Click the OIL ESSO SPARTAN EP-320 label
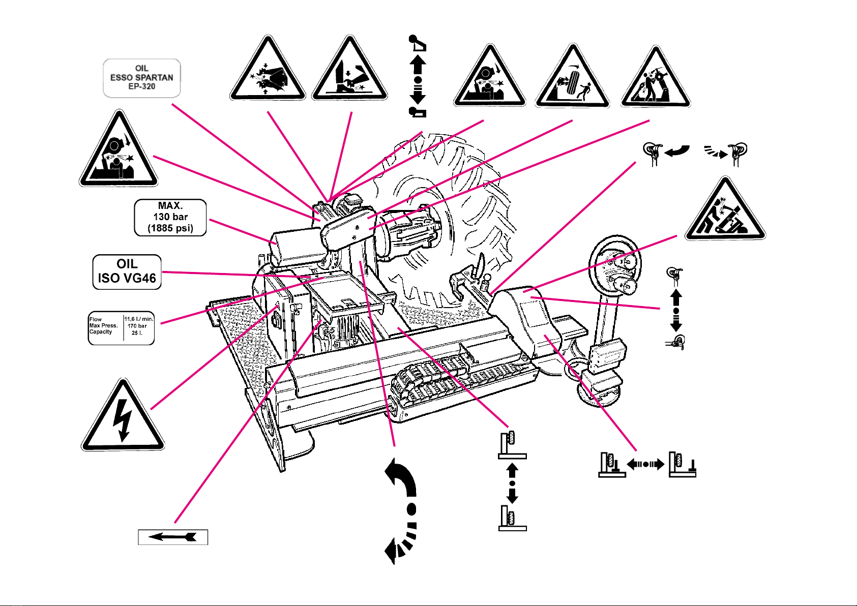click(x=142, y=78)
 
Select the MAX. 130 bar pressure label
click(x=170, y=217)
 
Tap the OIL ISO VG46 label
click(x=127, y=271)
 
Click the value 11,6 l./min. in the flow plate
click(x=139, y=319)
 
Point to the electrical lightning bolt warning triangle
click(x=123, y=417)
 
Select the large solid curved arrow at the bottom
click(x=402, y=478)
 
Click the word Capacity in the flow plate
click(x=101, y=332)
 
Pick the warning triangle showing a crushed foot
click(x=349, y=71)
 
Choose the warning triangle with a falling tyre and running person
click(x=572, y=79)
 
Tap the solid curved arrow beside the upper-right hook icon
click(x=676, y=151)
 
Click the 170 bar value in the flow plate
click(x=137, y=326)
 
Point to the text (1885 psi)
click(x=170, y=228)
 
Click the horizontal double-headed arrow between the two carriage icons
click(x=645, y=464)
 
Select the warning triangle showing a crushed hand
click(x=268, y=71)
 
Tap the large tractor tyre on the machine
click(x=448, y=214)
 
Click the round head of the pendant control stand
click(x=615, y=267)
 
